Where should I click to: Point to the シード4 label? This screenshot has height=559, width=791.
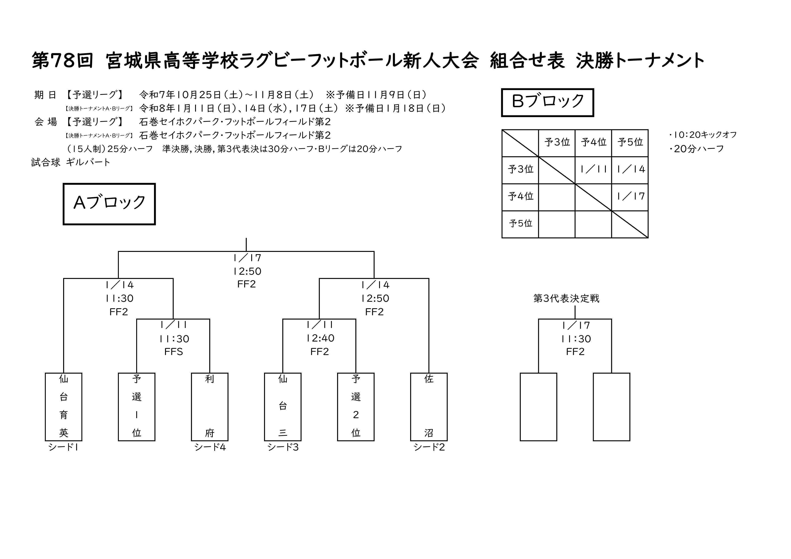[210, 447]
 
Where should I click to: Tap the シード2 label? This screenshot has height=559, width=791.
[429, 447]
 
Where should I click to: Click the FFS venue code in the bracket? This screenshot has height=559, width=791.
[174, 352]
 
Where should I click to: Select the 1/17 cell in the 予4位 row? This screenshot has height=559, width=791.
[630, 196]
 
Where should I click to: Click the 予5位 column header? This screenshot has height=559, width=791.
[630, 142]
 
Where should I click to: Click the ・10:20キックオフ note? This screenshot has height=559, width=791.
[702, 135]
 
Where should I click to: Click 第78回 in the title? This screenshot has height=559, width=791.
[62, 61]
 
